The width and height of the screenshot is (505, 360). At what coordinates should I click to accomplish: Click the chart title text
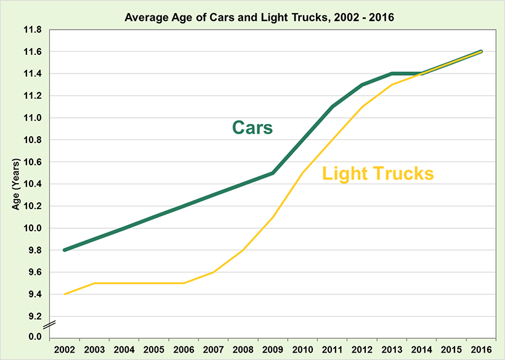[x=252, y=17]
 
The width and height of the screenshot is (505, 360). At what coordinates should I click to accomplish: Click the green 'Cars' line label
[x=252, y=128]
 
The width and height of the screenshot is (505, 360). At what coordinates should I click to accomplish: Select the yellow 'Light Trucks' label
[x=378, y=174]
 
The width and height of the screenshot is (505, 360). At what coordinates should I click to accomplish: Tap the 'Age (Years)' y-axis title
[x=17, y=184]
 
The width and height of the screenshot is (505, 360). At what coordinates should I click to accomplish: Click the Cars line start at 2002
[x=65, y=250]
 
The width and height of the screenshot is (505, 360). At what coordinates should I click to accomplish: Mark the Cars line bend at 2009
[x=273, y=173]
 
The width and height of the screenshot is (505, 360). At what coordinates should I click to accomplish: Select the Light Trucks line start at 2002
[x=65, y=294]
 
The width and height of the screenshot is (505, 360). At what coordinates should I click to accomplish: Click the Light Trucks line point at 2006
[x=184, y=283]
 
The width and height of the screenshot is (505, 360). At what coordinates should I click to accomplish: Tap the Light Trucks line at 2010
[x=302, y=173]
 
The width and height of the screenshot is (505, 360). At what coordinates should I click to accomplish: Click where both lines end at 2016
[x=481, y=52]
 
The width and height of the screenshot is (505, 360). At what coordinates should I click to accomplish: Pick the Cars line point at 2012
[x=362, y=84]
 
